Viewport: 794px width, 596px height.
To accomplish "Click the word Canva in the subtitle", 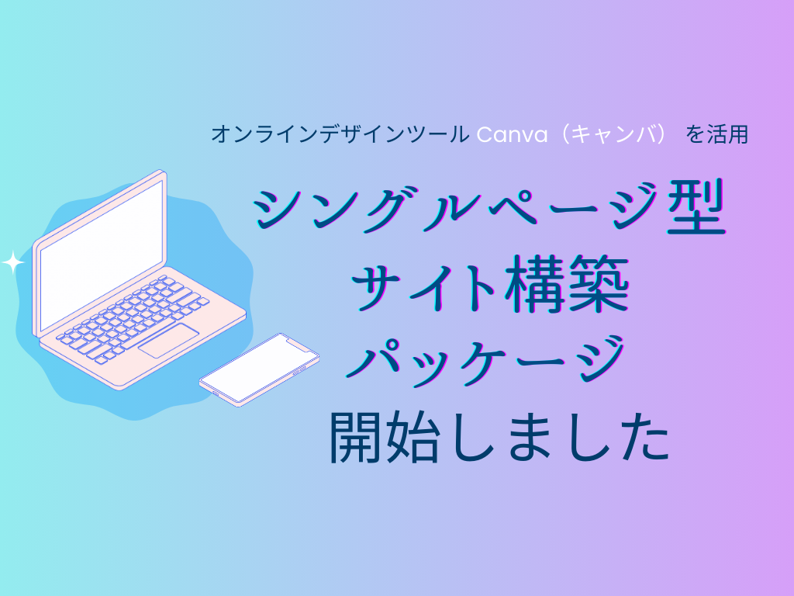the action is [x=512, y=135].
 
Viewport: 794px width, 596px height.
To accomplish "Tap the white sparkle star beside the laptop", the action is [x=12, y=262].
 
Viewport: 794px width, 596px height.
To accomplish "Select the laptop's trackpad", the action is [x=168, y=340].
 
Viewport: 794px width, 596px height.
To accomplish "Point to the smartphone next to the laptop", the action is [x=259, y=369].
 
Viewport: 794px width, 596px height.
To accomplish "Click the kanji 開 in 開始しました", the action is [x=357, y=437].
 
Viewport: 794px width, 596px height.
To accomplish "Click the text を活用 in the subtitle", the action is [x=717, y=135].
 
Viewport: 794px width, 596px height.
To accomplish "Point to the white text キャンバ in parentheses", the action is [x=614, y=135].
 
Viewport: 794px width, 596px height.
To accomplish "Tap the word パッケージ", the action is [x=486, y=361].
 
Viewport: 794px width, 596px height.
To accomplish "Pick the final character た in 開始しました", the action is [x=644, y=438].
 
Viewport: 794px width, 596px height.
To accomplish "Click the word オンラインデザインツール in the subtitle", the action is [x=340, y=135].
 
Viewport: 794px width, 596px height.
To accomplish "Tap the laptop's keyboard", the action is [x=133, y=319].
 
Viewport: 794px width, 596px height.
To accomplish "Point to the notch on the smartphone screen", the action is [x=299, y=346].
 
